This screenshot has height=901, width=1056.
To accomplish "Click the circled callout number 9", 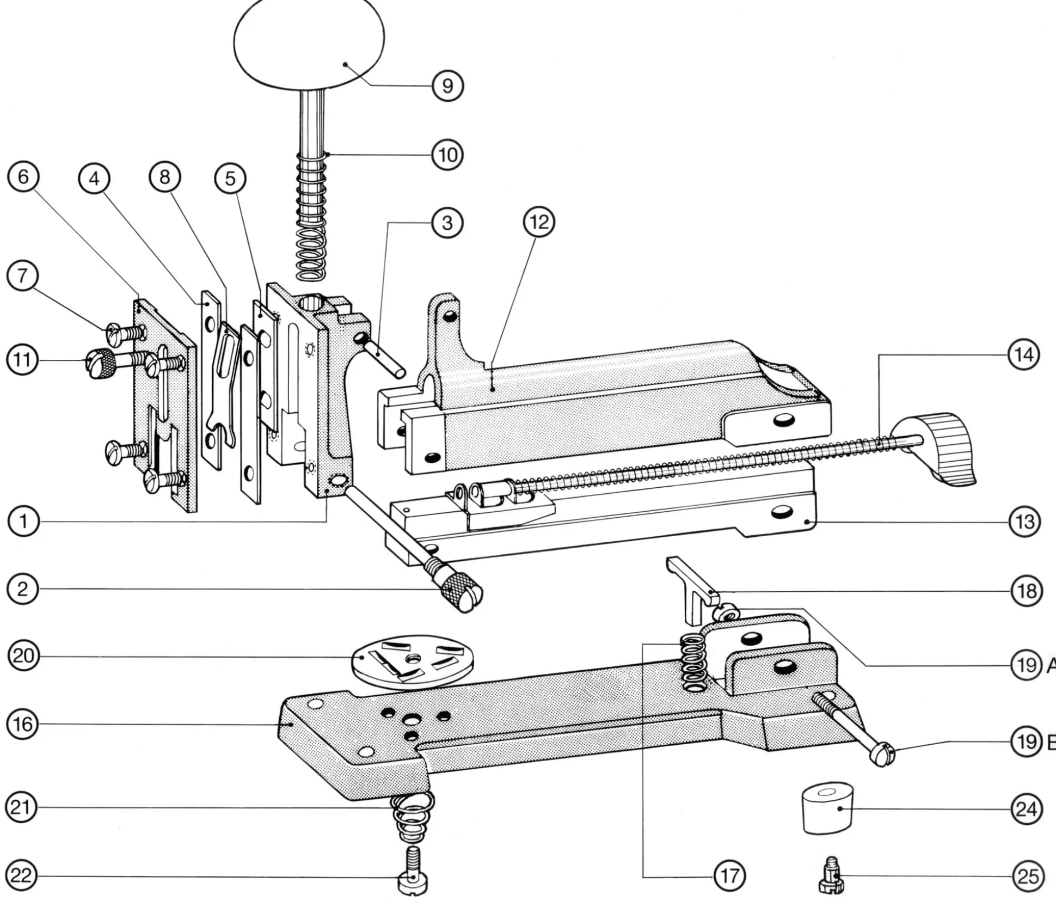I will point(447,86).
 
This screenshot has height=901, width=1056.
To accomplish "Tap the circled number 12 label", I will point(539,222).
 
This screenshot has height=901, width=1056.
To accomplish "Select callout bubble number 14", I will point(1023,355).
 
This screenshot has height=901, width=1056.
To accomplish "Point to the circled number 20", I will point(23,656).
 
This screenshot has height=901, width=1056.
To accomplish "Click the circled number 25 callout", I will point(1027,876).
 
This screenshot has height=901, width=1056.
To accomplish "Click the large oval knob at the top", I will point(309,44).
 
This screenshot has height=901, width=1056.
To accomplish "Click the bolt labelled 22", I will point(413,877).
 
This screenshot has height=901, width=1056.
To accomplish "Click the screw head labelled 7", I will point(115,334).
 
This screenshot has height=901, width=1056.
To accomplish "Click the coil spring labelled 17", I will point(693,665).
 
